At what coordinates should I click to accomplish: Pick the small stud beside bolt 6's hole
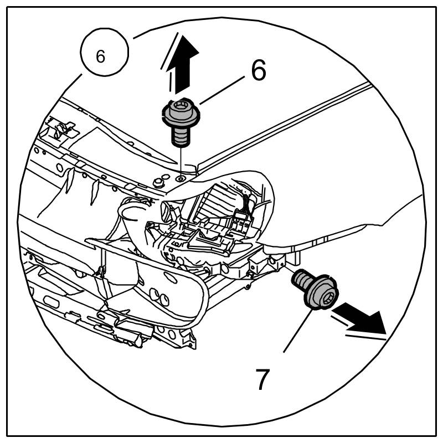[x=162, y=181]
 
